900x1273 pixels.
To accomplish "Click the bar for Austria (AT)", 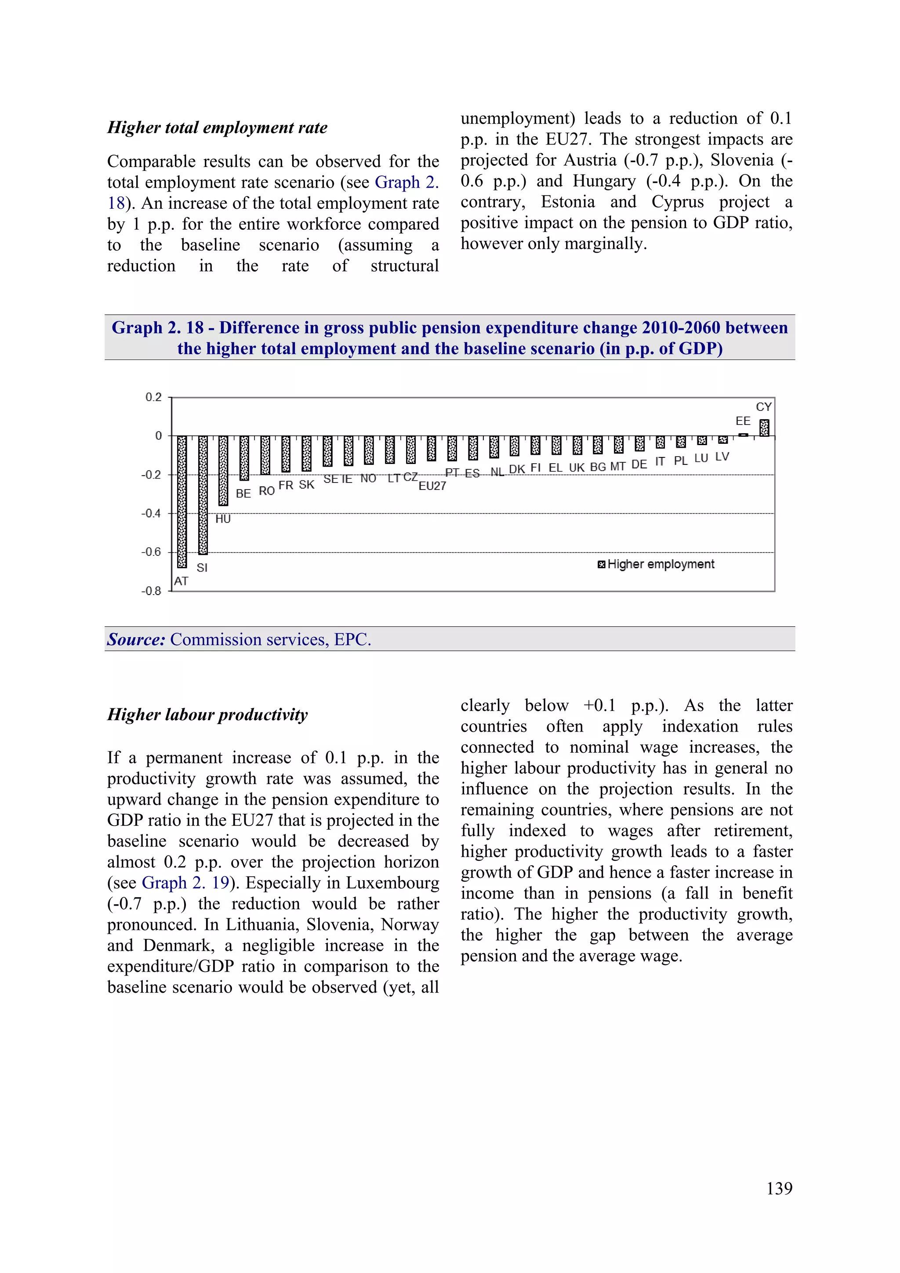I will tap(182, 502).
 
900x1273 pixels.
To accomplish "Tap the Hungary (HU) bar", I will tap(224, 470).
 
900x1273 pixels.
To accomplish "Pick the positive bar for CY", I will tap(764, 428).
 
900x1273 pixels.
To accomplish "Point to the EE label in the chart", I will tap(743, 421).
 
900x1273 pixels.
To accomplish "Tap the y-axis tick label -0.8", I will tap(151, 591).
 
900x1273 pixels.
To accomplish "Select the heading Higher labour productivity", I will tap(207, 714).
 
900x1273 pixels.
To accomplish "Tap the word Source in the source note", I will tap(136, 640).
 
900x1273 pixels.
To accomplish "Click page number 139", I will tap(779, 1188).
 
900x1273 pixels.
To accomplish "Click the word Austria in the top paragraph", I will tap(590, 160).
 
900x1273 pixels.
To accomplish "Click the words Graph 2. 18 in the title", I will tap(157, 328).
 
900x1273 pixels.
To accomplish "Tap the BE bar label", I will tap(243, 493).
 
